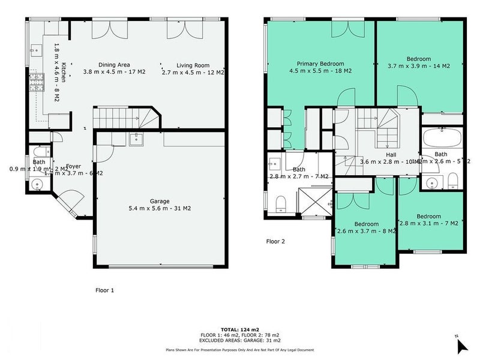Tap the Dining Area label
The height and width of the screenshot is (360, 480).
[114, 65]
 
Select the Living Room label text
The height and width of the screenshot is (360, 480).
[193, 65]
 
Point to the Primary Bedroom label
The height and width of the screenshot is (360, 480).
[320, 64]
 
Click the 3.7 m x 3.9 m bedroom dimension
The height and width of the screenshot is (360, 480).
[419, 66]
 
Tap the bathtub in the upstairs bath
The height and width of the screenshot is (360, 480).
[441, 139]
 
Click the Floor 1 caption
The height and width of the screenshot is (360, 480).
[104, 290]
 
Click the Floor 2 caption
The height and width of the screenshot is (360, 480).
[275, 242]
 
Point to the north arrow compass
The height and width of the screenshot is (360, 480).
[460, 345]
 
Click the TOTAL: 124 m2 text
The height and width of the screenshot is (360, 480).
[239, 329]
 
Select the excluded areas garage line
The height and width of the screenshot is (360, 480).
[239, 340]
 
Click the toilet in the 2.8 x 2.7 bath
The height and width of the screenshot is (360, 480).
[281, 204]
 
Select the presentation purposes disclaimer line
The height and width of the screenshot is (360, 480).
[239, 350]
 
